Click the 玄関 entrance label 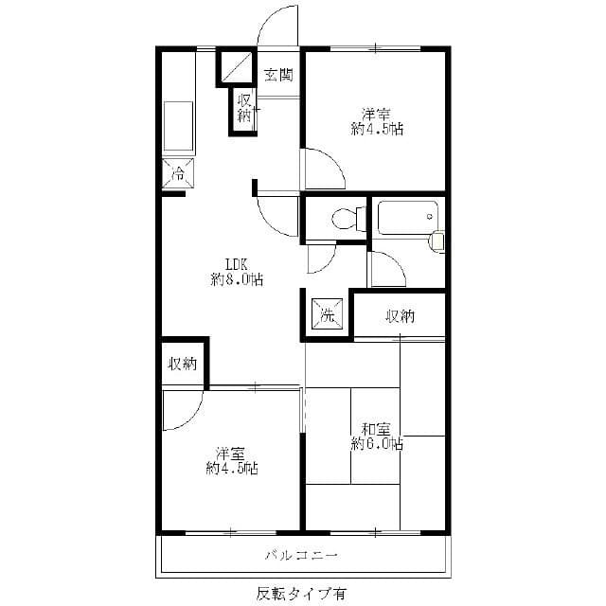[x=277, y=74]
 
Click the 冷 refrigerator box [x=177, y=173]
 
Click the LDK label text [x=237, y=264]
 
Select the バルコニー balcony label [x=301, y=554]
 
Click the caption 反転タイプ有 [x=301, y=594]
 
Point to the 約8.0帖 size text [x=237, y=279]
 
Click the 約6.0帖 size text [x=377, y=443]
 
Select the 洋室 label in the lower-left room [x=232, y=453]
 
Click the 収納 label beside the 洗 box [x=400, y=316]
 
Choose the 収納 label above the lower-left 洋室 [x=183, y=363]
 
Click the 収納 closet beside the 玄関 [x=244, y=108]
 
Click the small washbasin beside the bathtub [x=437, y=241]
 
